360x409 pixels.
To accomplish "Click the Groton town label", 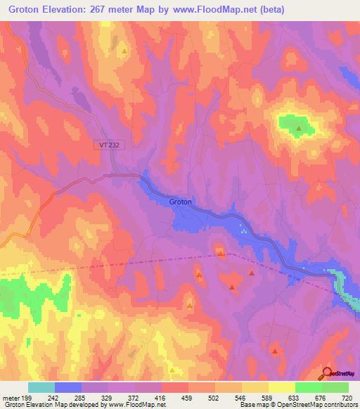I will [180, 202].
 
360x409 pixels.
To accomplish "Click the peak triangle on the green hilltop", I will [299, 129].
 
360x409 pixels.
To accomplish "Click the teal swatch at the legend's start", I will [41, 387].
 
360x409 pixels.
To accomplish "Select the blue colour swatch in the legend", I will [68, 387].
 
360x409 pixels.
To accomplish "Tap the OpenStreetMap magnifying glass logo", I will [327, 372].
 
